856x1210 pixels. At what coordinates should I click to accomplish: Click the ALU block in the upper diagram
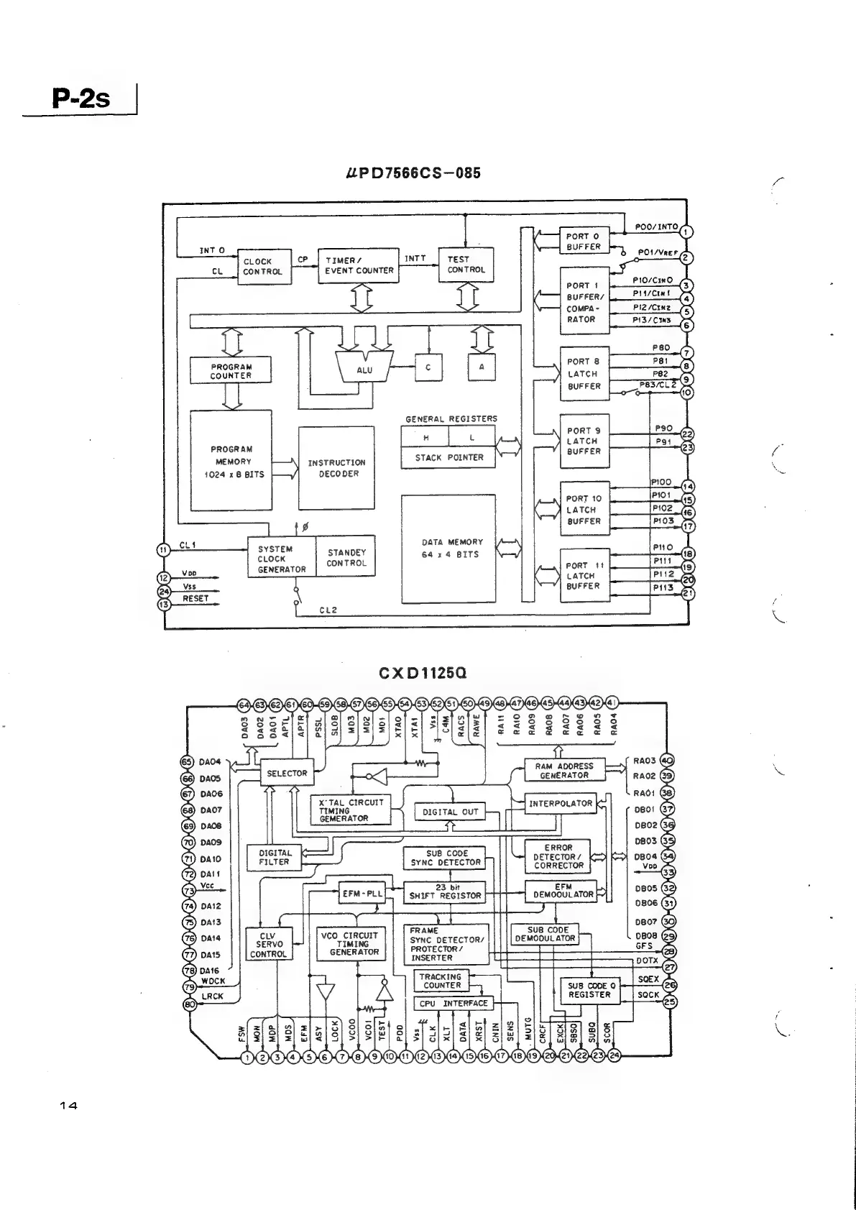364,369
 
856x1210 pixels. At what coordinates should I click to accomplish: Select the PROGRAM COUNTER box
231,370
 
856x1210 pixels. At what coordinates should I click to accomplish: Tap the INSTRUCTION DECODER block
336,468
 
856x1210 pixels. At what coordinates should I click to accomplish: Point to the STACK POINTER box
448,457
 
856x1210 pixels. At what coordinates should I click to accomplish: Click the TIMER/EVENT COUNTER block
359,265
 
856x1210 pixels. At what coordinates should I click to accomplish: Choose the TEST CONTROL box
466,265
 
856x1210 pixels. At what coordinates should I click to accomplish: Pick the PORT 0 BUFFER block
584,241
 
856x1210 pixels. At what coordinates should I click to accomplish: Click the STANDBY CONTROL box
346,558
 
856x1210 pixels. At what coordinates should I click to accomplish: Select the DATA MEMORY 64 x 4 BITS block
448,549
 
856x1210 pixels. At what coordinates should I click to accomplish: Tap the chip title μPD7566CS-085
413,173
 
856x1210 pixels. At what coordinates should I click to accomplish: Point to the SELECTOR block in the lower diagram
287,774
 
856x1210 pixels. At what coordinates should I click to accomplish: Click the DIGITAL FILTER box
274,857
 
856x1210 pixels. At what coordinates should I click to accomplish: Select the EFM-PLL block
362,894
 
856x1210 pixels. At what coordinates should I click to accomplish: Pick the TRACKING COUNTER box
441,981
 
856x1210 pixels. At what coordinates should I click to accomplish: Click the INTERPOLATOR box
561,804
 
